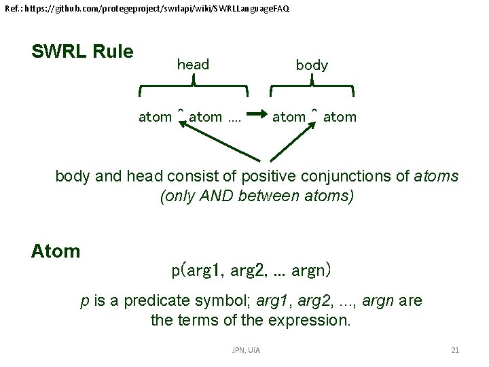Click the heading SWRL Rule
coord(82,52)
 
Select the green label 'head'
coord(193,65)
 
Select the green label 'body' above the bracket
coord(312,65)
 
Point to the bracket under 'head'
coord(194,89)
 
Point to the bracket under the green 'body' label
coord(312,89)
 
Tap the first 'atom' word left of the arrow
coord(155,117)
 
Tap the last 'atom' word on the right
coord(340,117)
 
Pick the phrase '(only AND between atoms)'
coord(257,196)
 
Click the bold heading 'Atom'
coord(56,251)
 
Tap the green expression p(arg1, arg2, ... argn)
coord(251,270)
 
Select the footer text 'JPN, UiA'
coord(246,350)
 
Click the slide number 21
coord(455,350)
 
